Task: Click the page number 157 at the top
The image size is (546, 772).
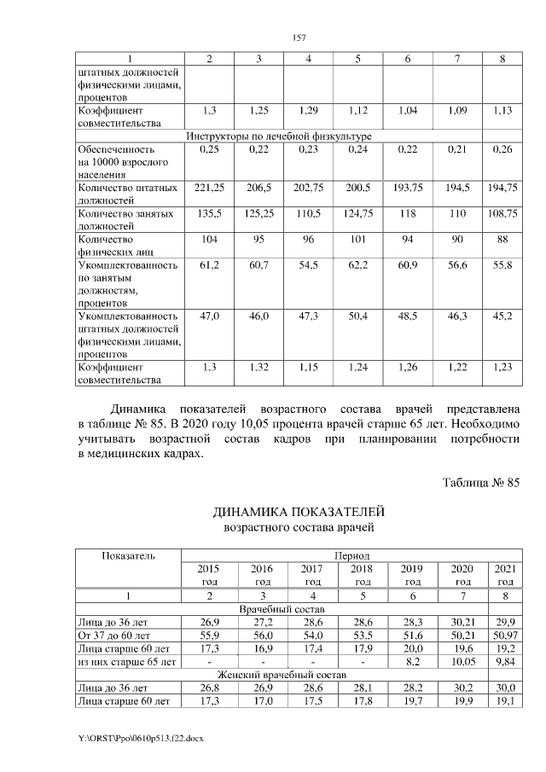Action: (299, 38)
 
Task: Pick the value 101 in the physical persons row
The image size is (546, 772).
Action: (358, 241)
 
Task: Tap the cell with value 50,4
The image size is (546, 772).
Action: (358, 316)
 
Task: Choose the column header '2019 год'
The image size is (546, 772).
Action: (411, 573)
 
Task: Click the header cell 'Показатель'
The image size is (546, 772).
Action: (129, 555)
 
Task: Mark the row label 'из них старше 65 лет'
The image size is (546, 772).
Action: (126, 660)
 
